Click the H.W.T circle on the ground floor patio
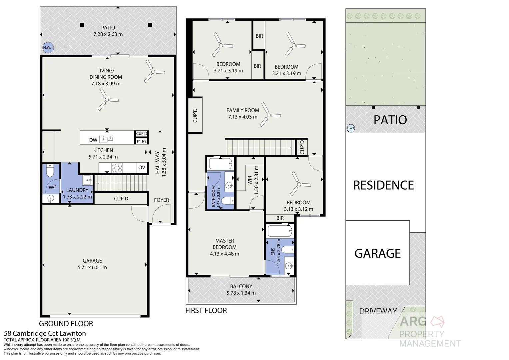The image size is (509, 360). (x=48, y=48)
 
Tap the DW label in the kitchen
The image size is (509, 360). (x=93, y=140)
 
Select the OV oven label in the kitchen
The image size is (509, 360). (x=142, y=167)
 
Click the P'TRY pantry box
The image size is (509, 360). (x=142, y=141)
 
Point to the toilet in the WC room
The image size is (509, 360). (x=50, y=171)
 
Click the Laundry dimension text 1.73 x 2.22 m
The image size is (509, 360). (x=77, y=197)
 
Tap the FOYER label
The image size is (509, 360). (x=161, y=200)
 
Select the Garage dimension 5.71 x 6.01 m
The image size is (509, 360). (x=92, y=267)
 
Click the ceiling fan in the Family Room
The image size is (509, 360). (x=268, y=115)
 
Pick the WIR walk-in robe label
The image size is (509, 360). (x=250, y=180)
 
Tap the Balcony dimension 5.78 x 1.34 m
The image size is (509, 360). (x=241, y=293)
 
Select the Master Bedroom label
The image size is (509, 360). (x=225, y=244)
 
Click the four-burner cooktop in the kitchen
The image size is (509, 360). (x=117, y=167)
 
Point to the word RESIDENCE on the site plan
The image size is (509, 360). (x=383, y=185)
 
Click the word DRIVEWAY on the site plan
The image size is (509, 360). (x=378, y=311)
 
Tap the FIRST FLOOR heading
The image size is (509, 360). (x=206, y=311)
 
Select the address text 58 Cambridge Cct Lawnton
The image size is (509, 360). (x=45, y=333)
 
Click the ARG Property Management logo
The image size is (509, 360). (x=429, y=332)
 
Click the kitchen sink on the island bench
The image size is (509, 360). (x=107, y=139)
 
